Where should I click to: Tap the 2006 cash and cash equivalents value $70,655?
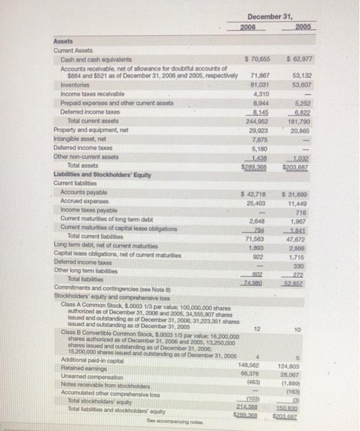coord(258,59)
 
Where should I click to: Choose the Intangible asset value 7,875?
coord(263,138)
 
